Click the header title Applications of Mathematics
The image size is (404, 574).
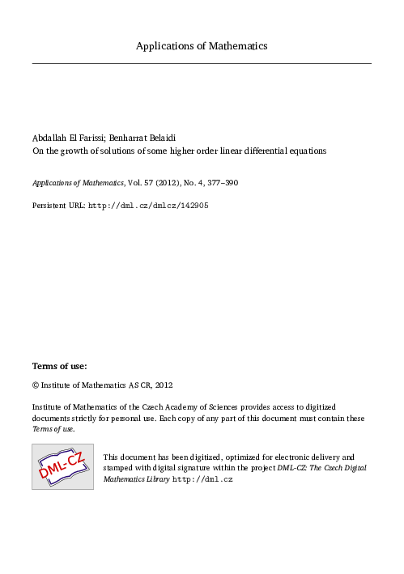pos(202,46)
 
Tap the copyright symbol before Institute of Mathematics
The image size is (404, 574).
pos(36,385)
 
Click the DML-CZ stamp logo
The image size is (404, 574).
pos(63,466)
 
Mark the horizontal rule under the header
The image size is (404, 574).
pos(202,62)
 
